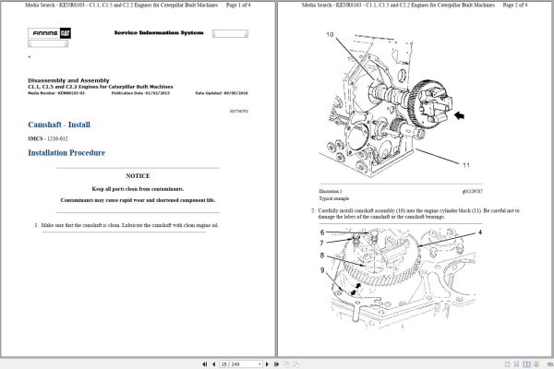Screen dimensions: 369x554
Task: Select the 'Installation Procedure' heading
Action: (x=67, y=153)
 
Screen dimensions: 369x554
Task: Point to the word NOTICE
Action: (x=138, y=175)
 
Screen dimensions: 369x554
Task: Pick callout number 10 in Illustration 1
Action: (x=330, y=34)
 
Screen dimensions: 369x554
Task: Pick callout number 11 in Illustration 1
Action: (x=465, y=165)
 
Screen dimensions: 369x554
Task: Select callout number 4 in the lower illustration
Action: (x=479, y=232)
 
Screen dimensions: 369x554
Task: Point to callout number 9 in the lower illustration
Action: (x=322, y=269)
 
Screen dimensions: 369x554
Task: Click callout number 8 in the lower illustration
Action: (x=322, y=256)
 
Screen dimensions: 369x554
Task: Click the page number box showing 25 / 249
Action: (x=228, y=363)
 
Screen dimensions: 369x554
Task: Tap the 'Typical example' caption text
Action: (x=334, y=198)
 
